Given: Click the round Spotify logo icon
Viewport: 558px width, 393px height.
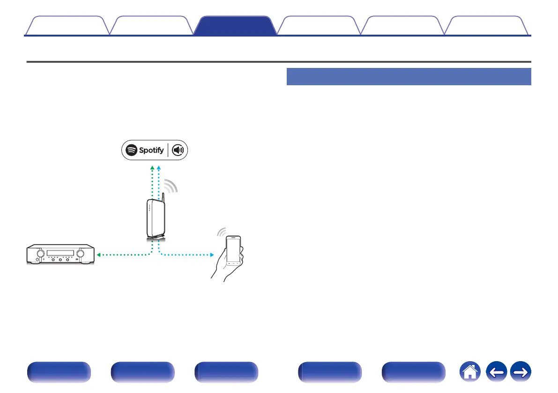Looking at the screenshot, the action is coord(132,150).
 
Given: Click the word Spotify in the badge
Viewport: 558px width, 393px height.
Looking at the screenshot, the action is coord(151,150).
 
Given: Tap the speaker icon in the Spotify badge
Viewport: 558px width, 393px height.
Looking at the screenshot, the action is coord(179,150).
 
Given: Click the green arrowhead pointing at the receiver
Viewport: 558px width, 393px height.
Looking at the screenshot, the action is coord(98,255).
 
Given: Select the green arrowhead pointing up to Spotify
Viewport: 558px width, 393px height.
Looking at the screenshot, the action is coord(152,167).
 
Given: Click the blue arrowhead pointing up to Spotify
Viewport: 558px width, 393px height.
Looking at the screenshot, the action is coord(159,167).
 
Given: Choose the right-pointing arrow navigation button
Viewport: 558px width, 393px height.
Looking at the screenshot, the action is coord(521,373).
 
